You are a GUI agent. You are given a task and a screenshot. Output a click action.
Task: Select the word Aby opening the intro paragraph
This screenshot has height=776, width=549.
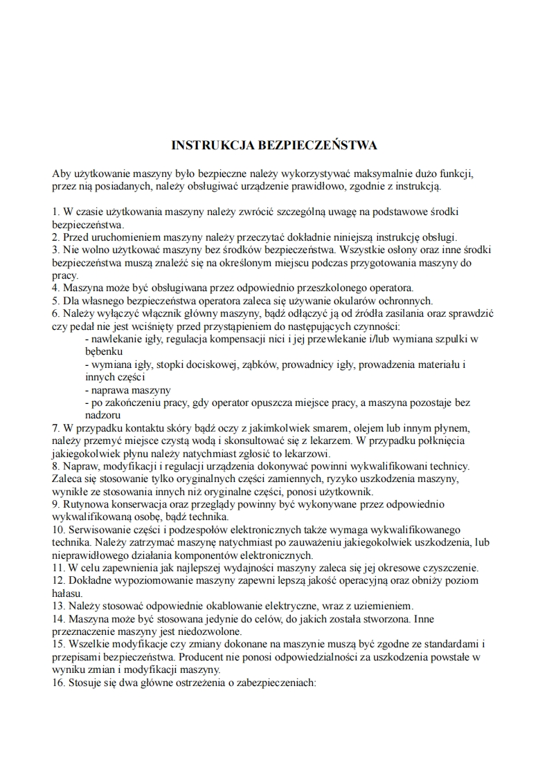click(61, 173)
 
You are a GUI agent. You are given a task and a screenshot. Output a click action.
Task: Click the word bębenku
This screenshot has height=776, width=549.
click(104, 351)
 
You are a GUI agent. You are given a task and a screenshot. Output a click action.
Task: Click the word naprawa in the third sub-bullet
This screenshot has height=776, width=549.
click(109, 390)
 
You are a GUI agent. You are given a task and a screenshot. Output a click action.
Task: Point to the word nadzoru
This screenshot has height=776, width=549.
click(103, 416)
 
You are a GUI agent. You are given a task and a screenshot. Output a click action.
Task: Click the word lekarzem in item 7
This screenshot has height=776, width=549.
click(333, 441)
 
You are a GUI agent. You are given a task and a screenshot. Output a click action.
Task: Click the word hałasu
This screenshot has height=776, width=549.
click(66, 593)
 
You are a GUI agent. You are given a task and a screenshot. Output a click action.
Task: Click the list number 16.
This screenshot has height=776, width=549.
click(58, 683)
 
